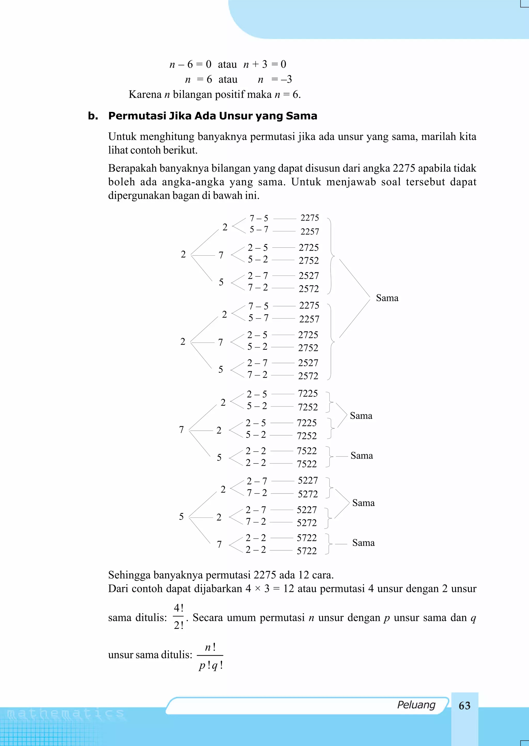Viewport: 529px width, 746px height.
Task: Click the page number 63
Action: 464,706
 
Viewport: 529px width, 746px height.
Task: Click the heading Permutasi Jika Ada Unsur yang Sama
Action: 212,116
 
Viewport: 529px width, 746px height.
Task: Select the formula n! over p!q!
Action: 211,656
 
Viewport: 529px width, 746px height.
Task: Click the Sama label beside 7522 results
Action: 362,456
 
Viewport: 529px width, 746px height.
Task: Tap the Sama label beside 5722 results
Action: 363,543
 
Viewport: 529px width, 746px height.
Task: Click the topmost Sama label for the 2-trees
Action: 387,298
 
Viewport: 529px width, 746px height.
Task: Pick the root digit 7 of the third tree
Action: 181,430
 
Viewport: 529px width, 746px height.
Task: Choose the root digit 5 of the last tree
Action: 181,516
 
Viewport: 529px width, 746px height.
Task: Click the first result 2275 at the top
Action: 309,218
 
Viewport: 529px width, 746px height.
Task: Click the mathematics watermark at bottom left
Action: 65,714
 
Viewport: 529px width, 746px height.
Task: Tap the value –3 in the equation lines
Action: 286,79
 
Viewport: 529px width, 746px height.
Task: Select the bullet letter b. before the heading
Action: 93,116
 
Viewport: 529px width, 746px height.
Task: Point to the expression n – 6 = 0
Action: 190,64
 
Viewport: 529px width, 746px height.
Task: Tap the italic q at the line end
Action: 473,618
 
